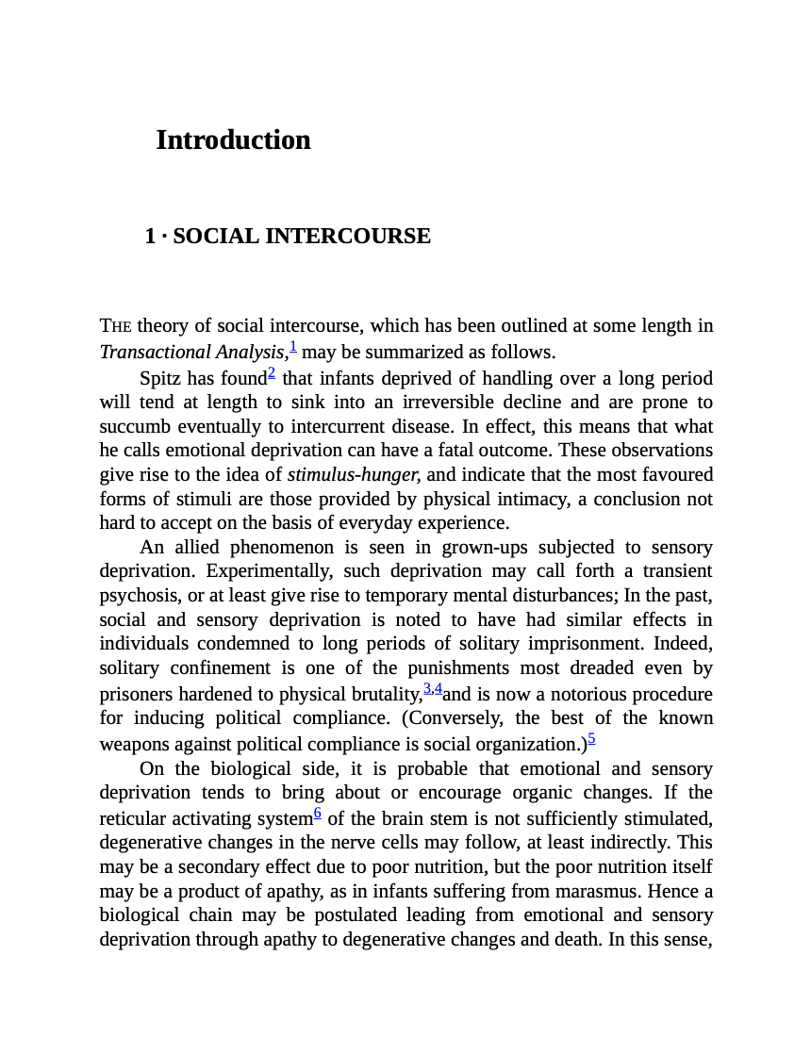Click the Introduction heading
[x=233, y=140]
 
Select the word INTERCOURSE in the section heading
[x=352, y=236]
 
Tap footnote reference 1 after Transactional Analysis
[x=293, y=347]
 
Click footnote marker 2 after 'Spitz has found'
[x=272, y=373]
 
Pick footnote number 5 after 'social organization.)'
[x=591, y=738]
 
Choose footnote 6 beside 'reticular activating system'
[x=318, y=812]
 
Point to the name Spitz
[x=160, y=378]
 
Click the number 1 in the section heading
[x=150, y=236]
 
